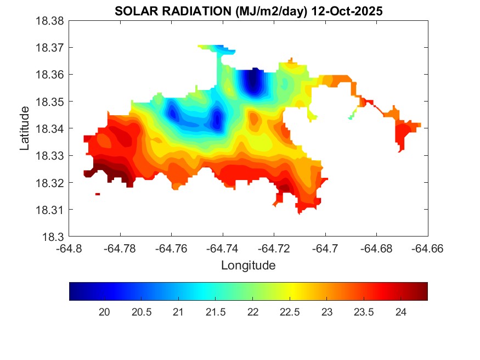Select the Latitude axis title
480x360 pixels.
click(x=24, y=128)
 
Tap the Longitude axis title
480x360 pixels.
click(x=248, y=266)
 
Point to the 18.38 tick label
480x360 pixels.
click(x=50, y=21)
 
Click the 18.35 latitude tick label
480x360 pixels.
click(x=50, y=102)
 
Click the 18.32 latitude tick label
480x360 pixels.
click(x=50, y=183)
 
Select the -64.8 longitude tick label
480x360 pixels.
click(x=70, y=248)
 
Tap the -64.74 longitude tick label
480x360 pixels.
click(x=223, y=248)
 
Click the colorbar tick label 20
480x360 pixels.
click(x=104, y=312)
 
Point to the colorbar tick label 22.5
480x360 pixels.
click(x=290, y=312)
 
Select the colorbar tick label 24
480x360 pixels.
click(x=401, y=312)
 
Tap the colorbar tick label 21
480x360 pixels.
click(x=178, y=312)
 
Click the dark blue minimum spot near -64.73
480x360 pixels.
click(x=252, y=82)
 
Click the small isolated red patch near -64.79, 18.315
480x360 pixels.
click(x=98, y=194)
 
